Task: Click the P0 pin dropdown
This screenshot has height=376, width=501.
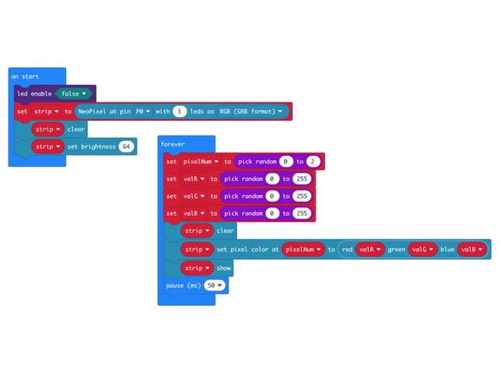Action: (x=142, y=111)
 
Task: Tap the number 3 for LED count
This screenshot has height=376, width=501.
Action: (x=179, y=111)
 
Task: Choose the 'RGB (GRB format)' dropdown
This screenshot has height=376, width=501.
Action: (x=255, y=111)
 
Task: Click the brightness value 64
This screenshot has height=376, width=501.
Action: (x=127, y=147)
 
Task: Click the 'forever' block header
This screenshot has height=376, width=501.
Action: (x=173, y=144)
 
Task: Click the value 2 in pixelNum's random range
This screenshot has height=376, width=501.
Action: (x=312, y=161)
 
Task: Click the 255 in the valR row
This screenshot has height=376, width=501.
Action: (x=300, y=179)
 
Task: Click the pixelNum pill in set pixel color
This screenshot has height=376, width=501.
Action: (x=304, y=249)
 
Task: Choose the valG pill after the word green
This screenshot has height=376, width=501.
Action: (x=420, y=249)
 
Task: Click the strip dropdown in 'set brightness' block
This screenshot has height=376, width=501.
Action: (x=47, y=147)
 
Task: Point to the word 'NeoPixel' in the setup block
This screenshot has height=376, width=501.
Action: (x=93, y=111)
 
